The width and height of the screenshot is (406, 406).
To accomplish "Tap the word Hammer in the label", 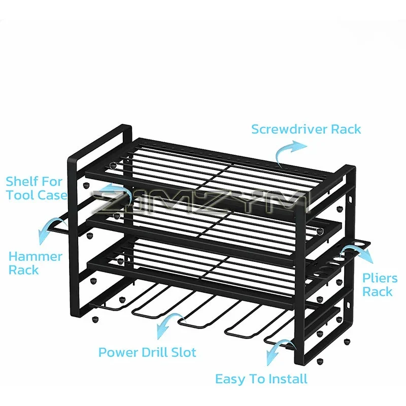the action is click(36, 257).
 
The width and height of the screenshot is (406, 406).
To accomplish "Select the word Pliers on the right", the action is click(380, 278).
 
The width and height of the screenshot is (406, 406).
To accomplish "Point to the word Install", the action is click(288, 379).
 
